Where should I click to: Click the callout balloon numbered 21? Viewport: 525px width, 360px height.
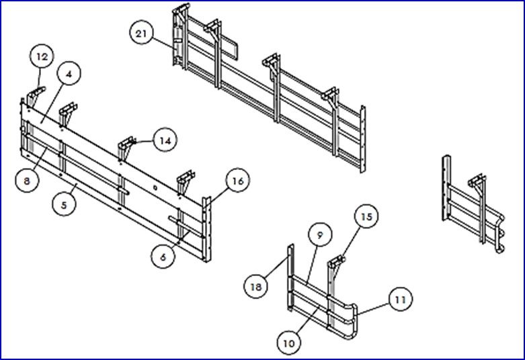[x=141, y=33]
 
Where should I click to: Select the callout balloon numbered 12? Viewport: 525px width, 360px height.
[x=42, y=56]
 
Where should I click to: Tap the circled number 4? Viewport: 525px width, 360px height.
[x=69, y=74]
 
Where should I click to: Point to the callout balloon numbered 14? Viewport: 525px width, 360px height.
[x=165, y=140]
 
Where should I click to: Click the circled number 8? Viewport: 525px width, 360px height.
[x=27, y=180]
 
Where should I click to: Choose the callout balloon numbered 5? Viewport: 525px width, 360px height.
[x=65, y=204]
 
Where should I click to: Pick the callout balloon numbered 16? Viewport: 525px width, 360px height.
[x=237, y=180]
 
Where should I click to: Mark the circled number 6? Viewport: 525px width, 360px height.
[x=163, y=257]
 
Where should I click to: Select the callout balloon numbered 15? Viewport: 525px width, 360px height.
[x=366, y=216]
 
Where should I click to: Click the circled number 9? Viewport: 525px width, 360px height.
[x=320, y=234]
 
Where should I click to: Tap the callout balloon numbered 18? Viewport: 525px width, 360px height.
[x=256, y=286]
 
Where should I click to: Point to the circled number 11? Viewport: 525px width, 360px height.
[x=401, y=299]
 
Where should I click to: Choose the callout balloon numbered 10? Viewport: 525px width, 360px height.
[x=289, y=343]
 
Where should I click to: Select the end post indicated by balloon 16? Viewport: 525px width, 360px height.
[x=206, y=229]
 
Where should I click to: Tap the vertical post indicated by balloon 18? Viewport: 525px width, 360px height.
[x=290, y=277]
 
